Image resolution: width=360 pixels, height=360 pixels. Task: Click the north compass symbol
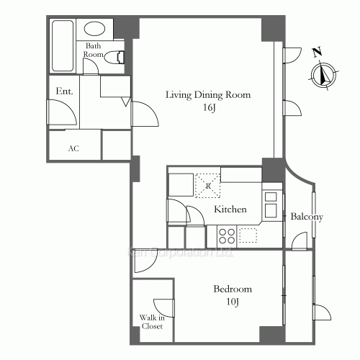click(325, 73)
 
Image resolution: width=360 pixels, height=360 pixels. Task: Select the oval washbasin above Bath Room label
click(94, 30)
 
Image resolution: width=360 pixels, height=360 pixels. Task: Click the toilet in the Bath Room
click(115, 58)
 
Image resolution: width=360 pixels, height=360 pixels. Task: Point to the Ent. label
click(64, 91)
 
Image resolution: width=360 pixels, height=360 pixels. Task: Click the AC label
click(73, 148)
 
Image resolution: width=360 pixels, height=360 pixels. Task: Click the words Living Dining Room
click(208, 94)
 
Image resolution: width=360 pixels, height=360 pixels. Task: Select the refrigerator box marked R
click(209, 186)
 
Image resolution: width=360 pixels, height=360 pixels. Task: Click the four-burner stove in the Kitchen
click(227, 235)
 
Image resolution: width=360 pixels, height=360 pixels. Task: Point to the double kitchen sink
click(271, 204)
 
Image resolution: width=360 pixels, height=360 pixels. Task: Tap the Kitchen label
click(230, 210)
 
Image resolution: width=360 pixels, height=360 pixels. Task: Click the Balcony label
click(306, 217)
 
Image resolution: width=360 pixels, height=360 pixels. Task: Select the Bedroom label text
click(233, 289)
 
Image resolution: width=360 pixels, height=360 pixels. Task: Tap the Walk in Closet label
click(151, 321)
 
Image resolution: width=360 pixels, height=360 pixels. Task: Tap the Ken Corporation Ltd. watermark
click(180, 253)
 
